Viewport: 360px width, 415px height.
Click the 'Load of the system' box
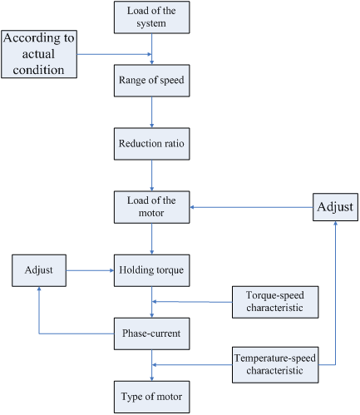point(152,17)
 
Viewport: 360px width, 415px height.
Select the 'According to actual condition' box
point(39,54)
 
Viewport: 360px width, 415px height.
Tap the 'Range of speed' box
point(152,81)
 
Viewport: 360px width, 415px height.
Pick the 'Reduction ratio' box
point(152,144)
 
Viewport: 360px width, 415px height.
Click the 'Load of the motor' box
point(152,207)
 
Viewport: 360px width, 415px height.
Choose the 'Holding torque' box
point(152,270)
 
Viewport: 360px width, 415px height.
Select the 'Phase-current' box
point(152,333)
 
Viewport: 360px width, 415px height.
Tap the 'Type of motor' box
point(152,397)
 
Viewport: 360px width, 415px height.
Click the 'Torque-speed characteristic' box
point(275,302)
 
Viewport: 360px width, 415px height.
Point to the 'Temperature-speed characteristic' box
point(275,365)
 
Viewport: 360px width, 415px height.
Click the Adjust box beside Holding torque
point(39,270)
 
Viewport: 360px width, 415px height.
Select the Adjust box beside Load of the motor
point(335,207)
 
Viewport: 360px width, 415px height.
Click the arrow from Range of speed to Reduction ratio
point(152,112)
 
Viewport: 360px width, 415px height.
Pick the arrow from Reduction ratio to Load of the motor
point(152,175)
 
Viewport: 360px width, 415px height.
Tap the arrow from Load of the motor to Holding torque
point(152,239)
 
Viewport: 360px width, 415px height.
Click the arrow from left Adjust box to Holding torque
point(90,270)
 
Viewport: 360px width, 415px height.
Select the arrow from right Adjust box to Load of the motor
point(251,207)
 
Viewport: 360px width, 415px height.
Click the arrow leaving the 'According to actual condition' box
point(114,54)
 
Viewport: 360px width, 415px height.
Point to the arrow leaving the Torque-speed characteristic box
point(192,302)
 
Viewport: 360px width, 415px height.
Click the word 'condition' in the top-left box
point(38,70)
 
